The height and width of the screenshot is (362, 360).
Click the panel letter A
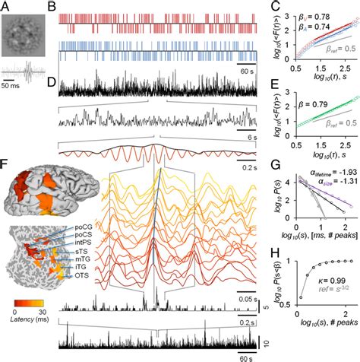click(x=6, y=6)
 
